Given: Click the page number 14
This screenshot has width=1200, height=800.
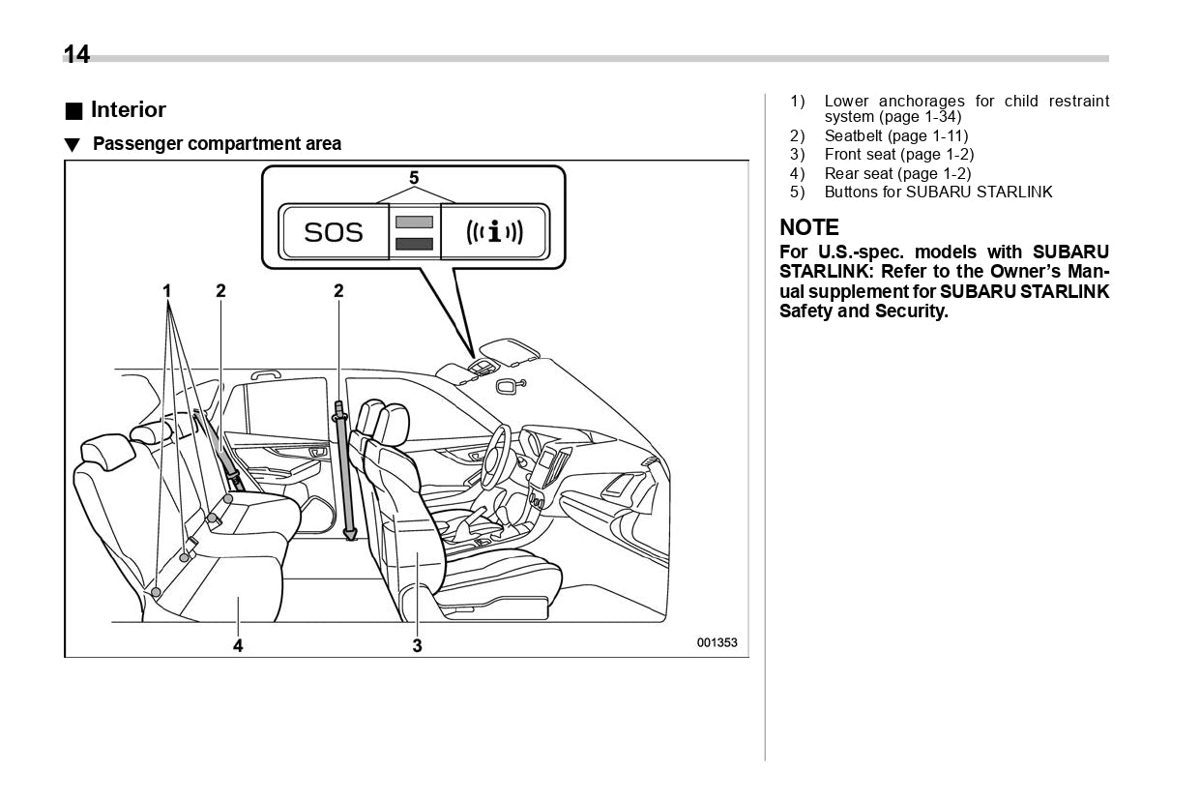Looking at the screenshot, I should click(76, 54).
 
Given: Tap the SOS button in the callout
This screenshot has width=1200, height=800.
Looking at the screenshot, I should click(334, 232).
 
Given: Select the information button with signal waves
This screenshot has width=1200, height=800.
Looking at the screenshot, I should click(494, 232).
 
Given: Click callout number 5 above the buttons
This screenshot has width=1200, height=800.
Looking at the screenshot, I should click(414, 178).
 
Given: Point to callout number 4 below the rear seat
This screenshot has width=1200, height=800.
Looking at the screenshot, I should click(238, 645).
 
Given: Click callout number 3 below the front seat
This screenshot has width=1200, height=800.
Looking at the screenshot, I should click(417, 645).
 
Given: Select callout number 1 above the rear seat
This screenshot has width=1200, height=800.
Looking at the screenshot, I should click(167, 290).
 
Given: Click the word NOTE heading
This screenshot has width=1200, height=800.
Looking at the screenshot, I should click(809, 228).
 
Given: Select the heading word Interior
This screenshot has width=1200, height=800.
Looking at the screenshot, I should click(128, 109).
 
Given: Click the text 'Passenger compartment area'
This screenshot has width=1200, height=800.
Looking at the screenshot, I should click(217, 144).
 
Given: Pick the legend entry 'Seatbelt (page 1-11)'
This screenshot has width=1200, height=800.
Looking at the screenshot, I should click(895, 136).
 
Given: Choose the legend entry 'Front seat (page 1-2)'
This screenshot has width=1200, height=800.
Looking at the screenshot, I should click(898, 155).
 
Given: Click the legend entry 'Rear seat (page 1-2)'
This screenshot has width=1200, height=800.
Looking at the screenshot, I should click(897, 174).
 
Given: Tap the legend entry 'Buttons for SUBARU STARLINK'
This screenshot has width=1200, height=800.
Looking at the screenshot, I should click(938, 193).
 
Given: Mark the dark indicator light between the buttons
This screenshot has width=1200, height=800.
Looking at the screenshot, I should click(414, 244).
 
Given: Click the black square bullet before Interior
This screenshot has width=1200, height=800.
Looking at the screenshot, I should click(73, 110).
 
